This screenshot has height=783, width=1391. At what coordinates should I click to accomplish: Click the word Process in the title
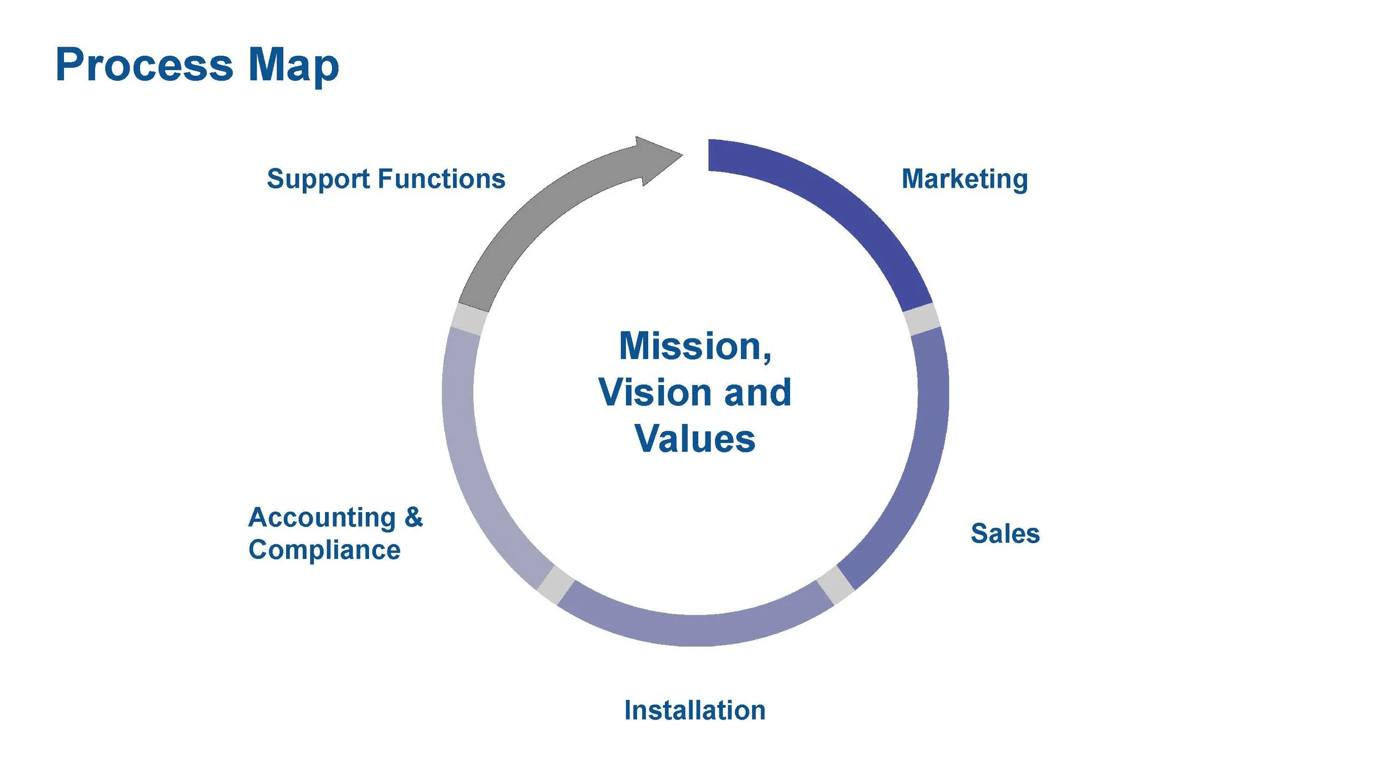click(x=144, y=65)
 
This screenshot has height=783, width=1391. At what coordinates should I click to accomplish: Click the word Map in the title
click(x=293, y=65)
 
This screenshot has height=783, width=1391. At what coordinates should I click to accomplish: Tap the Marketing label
click(x=964, y=179)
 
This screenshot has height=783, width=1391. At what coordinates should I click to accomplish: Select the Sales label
click(x=1005, y=533)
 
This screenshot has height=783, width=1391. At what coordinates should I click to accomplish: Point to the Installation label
click(x=694, y=710)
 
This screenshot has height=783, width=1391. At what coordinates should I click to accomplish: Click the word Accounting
click(x=322, y=517)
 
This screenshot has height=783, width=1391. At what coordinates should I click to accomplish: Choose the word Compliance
click(x=324, y=550)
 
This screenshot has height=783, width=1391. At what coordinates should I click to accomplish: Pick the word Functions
click(x=442, y=179)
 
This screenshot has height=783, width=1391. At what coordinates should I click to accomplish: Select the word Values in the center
click(x=694, y=439)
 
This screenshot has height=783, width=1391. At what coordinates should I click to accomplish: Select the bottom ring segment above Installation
click(x=695, y=629)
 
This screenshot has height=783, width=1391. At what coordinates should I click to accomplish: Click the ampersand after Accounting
click(x=413, y=517)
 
